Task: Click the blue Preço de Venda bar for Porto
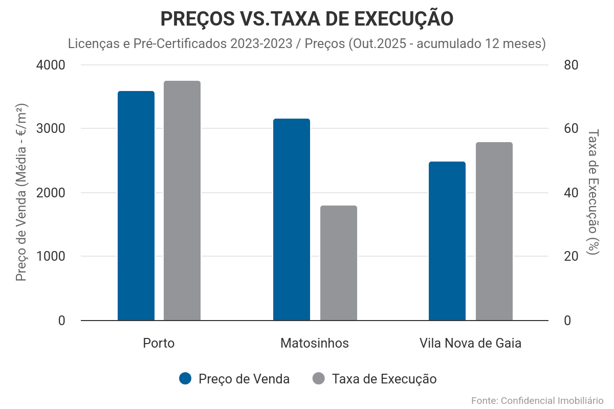pyautogui.click(x=136, y=206)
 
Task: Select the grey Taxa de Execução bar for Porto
pyautogui.click(x=182, y=200)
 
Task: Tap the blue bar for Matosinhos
pyautogui.click(x=292, y=219)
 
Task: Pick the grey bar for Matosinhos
pyautogui.click(x=339, y=263)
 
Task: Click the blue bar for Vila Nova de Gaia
pyautogui.click(x=447, y=241)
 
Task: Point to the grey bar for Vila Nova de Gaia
pyautogui.click(x=494, y=231)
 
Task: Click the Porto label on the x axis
pyautogui.click(x=159, y=343)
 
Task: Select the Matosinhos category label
pyautogui.click(x=315, y=343)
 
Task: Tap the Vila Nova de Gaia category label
pyautogui.click(x=470, y=343)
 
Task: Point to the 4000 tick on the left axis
pyautogui.click(x=51, y=65)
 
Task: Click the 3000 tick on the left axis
pyautogui.click(x=51, y=129)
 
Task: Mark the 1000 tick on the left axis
pyautogui.click(x=51, y=257)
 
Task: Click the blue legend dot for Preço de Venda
pyautogui.click(x=185, y=379)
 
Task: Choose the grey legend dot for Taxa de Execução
pyautogui.click(x=318, y=379)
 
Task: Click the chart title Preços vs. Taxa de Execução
pyautogui.click(x=307, y=19)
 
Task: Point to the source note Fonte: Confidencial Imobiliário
pyautogui.click(x=537, y=400)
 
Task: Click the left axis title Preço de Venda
pyautogui.click(x=21, y=192)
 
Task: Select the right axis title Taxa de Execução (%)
pyautogui.click(x=593, y=192)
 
